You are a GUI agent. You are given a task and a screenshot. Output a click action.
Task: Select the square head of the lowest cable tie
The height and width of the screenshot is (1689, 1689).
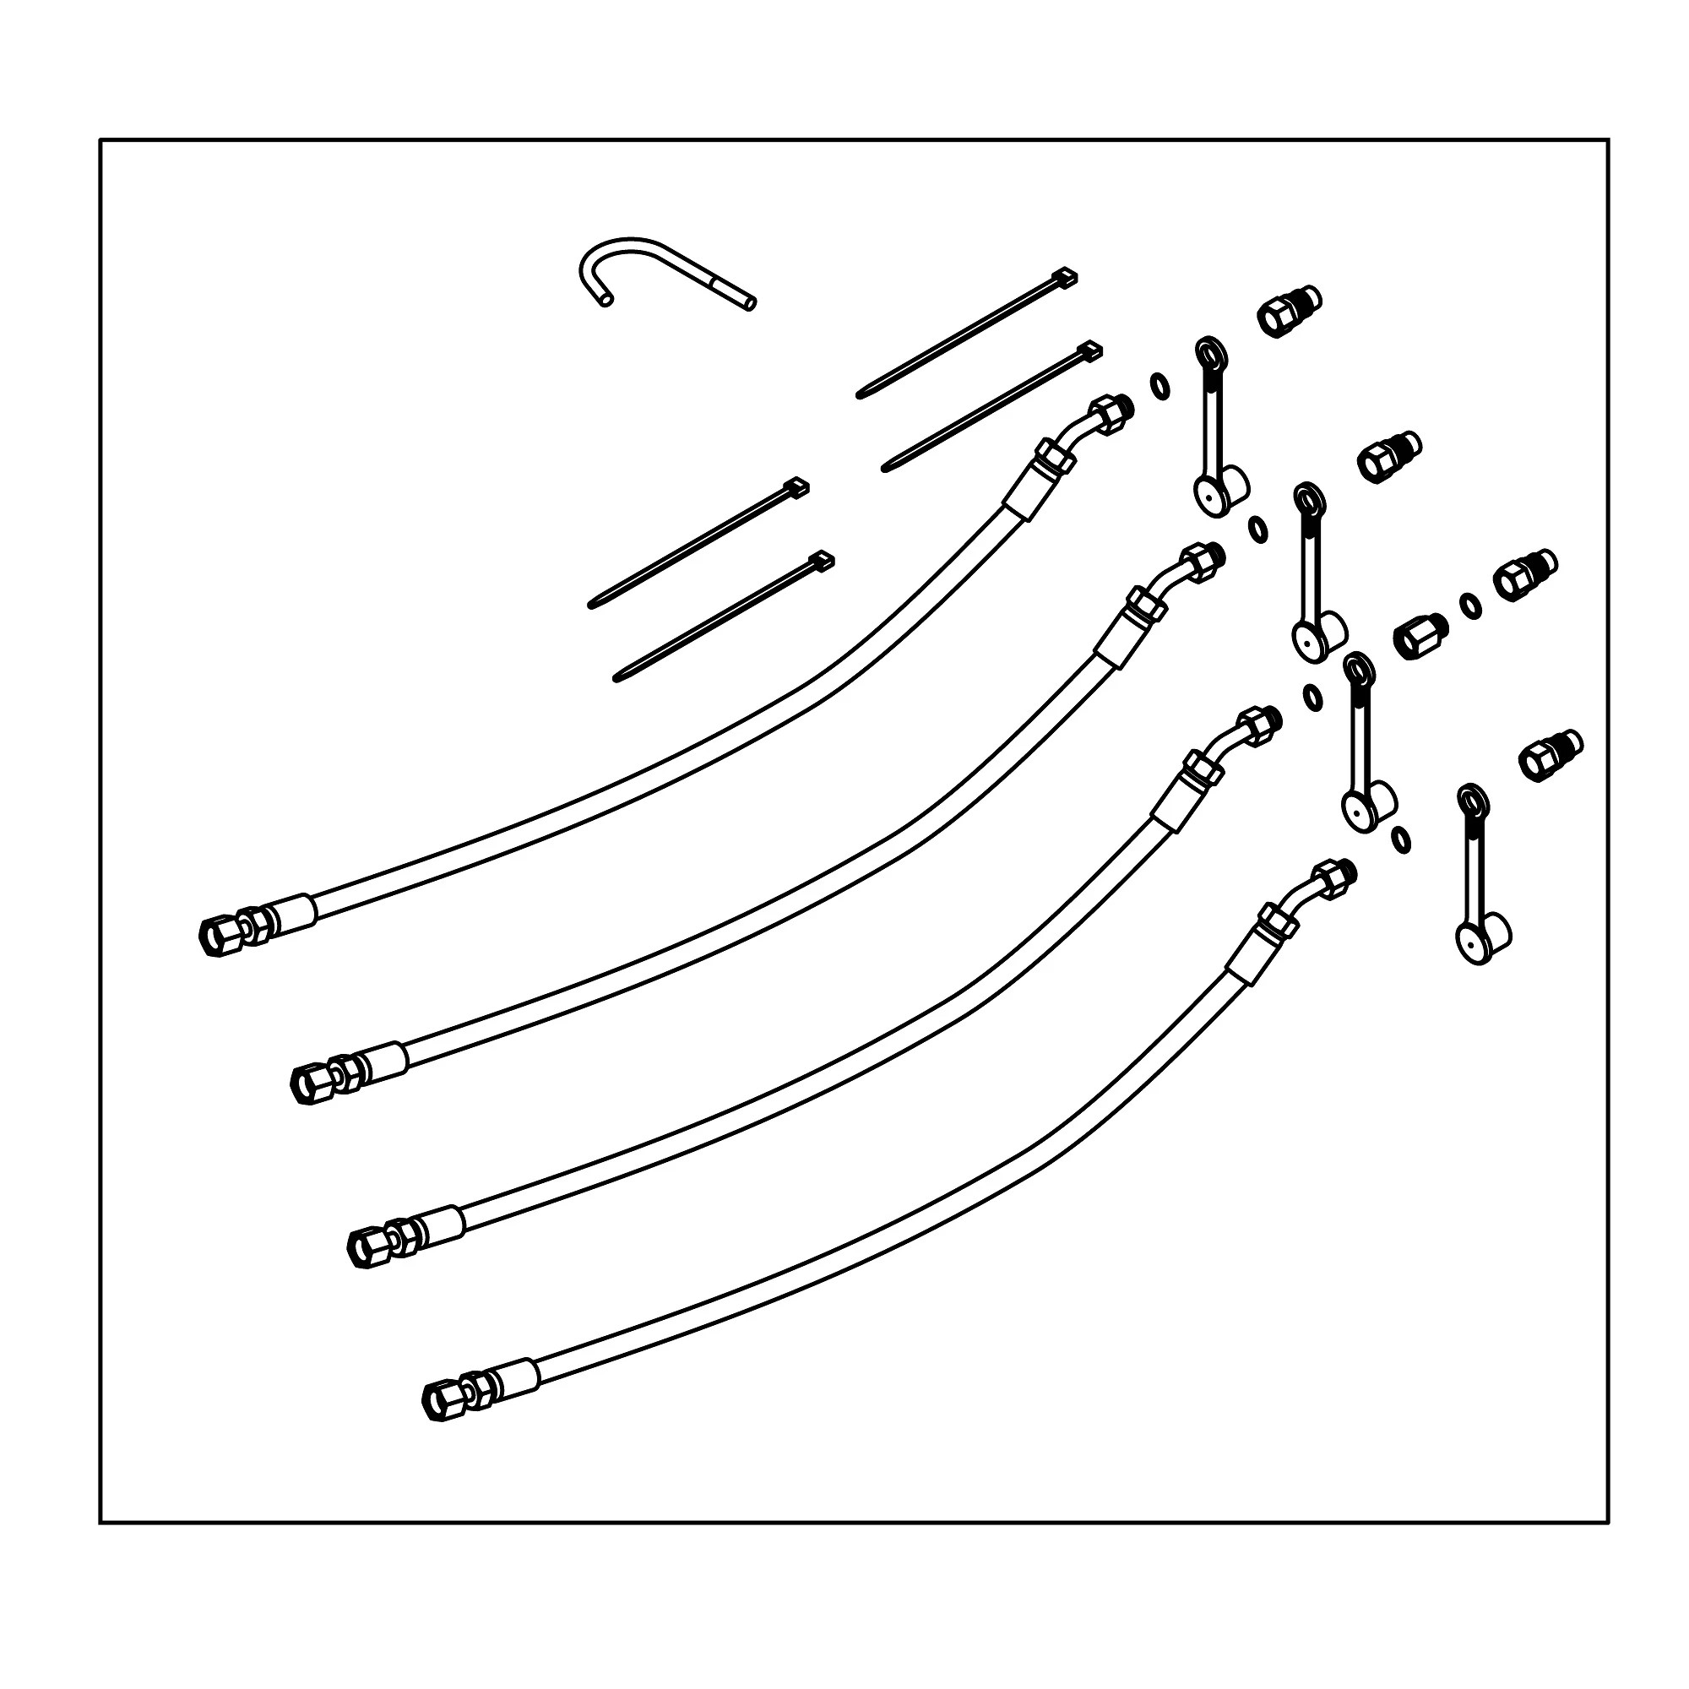(x=823, y=560)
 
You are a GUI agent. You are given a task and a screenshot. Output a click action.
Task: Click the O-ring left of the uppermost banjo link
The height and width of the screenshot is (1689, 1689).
(x=1159, y=384)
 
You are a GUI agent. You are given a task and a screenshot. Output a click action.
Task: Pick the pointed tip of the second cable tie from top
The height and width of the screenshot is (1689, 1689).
(x=885, y=469)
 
